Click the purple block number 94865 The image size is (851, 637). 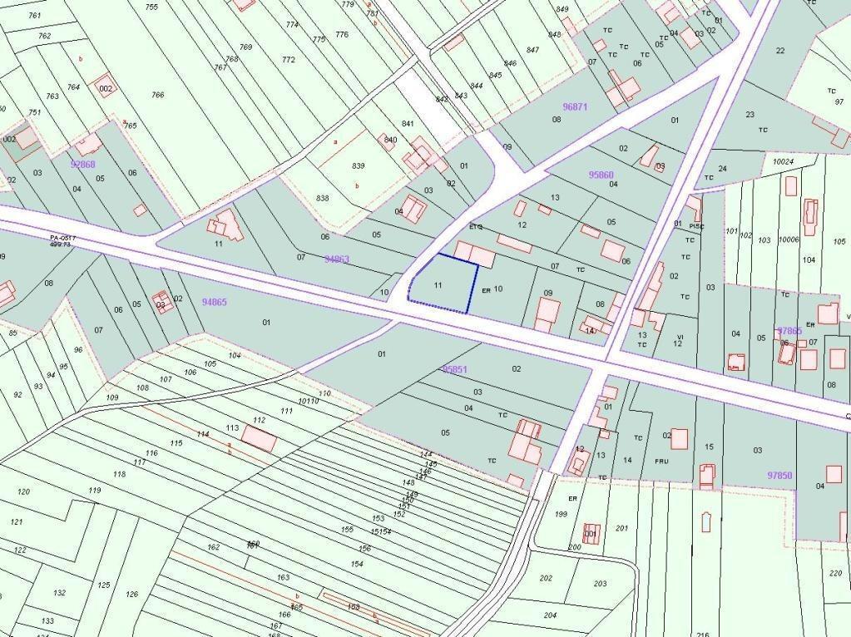tap(214, 303)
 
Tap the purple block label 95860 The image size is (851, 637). tap(601, 175)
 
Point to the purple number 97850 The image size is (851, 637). tap(779, 475)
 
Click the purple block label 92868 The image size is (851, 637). tap(83, 164)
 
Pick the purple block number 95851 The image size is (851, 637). tap(455, 369)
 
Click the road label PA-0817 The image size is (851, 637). tap(63, 238)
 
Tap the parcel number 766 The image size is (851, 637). tap(157, 95)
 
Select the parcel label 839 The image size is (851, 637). tap(358, 165)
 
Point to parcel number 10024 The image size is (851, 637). tap(783, 160)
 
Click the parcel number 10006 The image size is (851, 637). tap(789, 239)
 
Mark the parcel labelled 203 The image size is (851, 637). tap(601, 583)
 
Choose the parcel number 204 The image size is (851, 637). tap(550, 615)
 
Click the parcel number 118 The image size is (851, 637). tap(119, 474)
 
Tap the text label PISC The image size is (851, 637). tap(696, 225)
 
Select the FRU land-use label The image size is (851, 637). tap(661, 462)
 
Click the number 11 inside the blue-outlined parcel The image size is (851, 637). tap(438, 284)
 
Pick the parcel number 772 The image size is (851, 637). tap(289, 60)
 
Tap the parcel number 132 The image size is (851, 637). tap(59, 593)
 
